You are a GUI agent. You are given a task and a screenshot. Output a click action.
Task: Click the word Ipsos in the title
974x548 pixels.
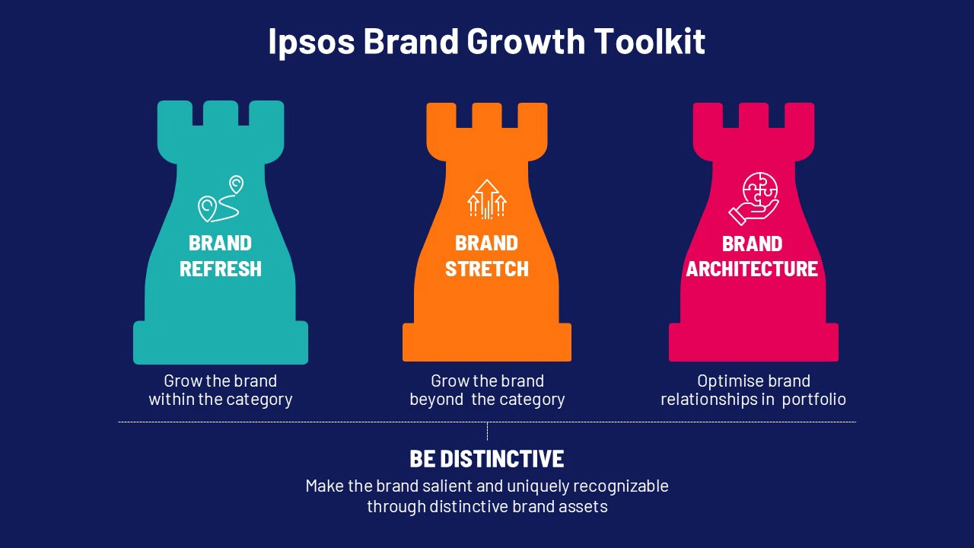(311, 42)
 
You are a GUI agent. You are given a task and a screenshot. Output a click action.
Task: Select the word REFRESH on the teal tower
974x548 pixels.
(221, 269)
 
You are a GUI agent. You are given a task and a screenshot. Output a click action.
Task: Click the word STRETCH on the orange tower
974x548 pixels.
(487, 269)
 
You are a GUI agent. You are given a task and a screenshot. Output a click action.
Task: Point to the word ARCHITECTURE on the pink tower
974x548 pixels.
(752, 269)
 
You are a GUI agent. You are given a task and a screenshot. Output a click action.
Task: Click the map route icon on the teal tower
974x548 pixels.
(221, 199)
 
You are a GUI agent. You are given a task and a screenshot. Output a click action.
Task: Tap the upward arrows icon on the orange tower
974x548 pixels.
(487, 199)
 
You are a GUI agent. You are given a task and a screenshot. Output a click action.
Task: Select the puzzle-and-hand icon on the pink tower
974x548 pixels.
(753, 199)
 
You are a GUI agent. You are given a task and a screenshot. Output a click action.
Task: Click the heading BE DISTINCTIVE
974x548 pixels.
(487, 459)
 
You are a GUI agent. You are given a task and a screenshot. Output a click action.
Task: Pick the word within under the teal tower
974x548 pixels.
(171, 399)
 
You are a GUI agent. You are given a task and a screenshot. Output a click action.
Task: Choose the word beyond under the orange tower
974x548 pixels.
(437, 399)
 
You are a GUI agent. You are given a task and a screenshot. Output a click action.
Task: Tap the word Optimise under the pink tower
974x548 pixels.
(730, 381)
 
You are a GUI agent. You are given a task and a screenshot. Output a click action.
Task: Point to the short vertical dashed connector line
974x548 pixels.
(487, 432)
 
